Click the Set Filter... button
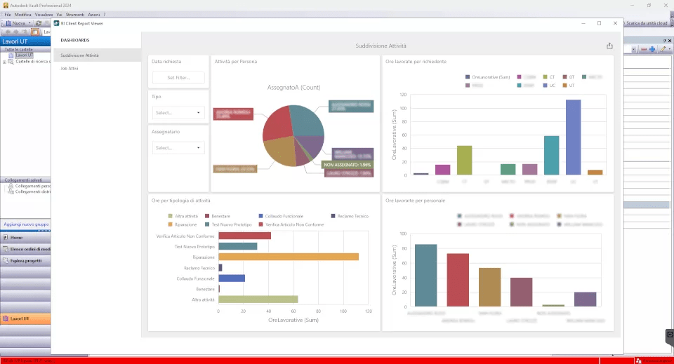tap(178, 78)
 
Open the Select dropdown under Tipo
tap(178, 112)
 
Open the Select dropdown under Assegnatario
tap(178, 148)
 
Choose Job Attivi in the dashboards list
tap(70, 69)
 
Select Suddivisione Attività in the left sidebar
tap(79, 55)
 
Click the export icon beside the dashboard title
tap(609, 46)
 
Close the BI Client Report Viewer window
tap(614, 23)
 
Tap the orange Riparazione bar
tap(288, 257)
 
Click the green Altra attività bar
tap(258, 299)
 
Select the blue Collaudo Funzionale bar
tap(232, 278)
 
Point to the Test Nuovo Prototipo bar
tap(237, 246)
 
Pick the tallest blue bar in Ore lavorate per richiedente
tap(573, 137)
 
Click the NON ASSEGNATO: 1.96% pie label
tap(348, 165)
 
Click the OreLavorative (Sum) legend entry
tap(487, 76)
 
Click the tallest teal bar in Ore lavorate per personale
tap(425, 275)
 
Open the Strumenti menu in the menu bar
tap(74, 15)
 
